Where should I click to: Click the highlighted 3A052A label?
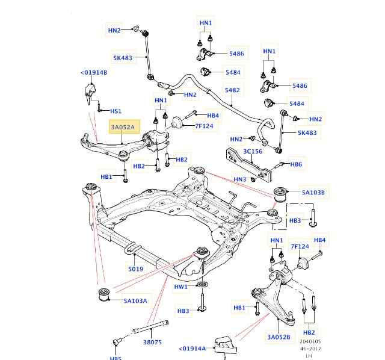click(125, 127)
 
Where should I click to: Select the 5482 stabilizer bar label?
click(232, 90)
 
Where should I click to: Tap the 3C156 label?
click(252, 152)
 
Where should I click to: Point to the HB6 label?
click(296, 164)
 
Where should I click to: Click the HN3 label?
click(240, 179)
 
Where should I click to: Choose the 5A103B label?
click(313, 193)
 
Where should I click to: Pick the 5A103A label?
click(135, 300)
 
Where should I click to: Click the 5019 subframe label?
click(135, 269)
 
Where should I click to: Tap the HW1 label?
click(181, 287)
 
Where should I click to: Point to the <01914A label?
click(192, 348)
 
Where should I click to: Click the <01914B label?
click(93, 73)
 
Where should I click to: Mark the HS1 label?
click(115, 111)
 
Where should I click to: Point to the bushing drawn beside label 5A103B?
click(281, 194)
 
